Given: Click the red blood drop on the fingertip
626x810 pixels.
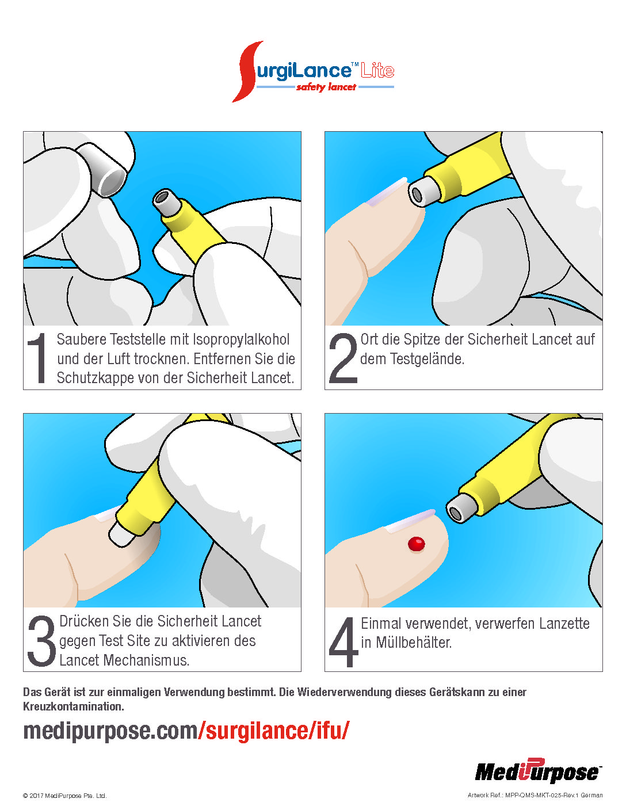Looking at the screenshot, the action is coord(416,544).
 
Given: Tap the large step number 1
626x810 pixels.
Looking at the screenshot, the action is coord(37,358).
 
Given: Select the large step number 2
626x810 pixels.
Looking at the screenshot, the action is coord(343,358).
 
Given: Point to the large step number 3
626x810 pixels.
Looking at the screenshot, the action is coord(41,641).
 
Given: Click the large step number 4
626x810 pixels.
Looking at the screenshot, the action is coord(343,641).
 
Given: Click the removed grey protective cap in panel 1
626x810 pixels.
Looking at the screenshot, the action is coord(102,169).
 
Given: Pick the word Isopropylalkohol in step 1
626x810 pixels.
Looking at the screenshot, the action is coord(241,339).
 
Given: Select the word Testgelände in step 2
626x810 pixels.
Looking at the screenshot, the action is coord(427,358).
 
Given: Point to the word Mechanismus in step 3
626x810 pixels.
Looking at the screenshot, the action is coord(146,660).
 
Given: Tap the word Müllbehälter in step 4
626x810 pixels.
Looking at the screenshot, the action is coord(414,642).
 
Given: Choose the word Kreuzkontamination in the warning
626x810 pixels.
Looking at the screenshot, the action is coord(74,706).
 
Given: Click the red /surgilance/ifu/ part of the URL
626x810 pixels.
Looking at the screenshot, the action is coord(274,731).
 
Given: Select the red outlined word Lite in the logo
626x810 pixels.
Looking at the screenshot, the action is coord(377,70).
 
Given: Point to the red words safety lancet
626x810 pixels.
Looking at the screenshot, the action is coord(326,87).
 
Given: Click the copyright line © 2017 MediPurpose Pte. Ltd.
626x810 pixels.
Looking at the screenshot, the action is coord(65,796).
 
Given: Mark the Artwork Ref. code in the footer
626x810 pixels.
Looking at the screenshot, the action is coord(535,795).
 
